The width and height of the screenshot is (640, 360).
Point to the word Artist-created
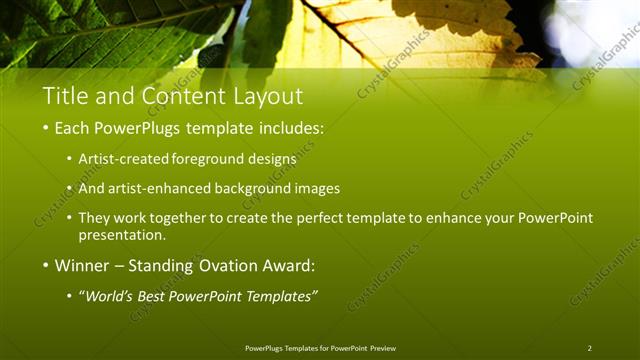point(124,159)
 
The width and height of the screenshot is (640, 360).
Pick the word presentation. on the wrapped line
point(122,236)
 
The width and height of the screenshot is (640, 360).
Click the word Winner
point(82,266)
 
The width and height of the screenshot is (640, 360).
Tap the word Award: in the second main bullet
point(290,266)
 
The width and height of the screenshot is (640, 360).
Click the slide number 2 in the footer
point(589,348)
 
